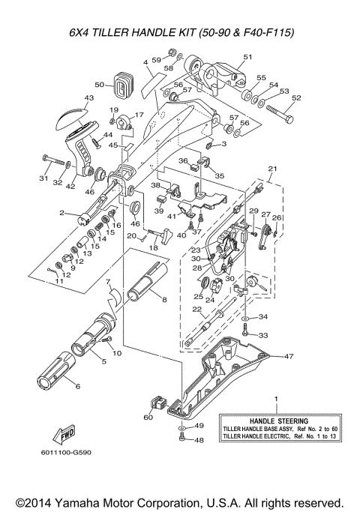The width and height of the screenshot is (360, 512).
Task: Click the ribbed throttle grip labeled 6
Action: (55, 375)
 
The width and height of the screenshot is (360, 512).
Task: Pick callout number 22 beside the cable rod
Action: (196, 309)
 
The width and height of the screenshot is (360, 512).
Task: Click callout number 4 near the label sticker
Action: (145, 61)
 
